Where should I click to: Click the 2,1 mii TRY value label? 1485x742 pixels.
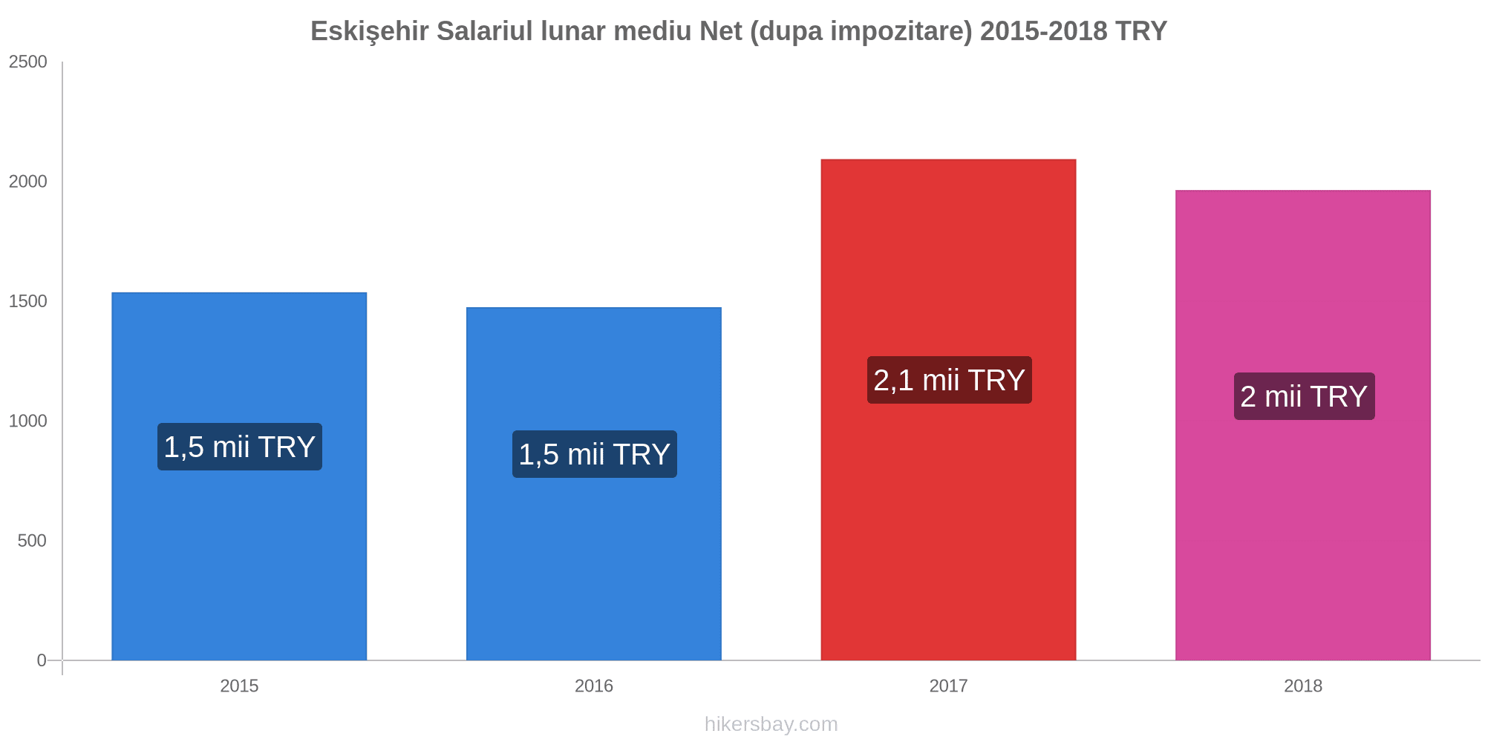pos(949,380)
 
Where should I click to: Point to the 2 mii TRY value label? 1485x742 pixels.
pos(1304,396)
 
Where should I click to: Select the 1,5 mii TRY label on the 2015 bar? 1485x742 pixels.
pos(239,447)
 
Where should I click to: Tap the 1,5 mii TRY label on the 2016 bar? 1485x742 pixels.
pos(594,454)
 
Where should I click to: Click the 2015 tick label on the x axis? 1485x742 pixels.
pos(239,686)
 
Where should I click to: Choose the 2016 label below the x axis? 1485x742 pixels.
pos(593,686)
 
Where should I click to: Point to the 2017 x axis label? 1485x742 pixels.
pos(948,686)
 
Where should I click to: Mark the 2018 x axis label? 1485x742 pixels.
pos(1302,686)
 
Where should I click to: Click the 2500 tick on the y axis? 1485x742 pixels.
pos(28,62)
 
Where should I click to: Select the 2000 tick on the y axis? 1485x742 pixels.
pos(28,182)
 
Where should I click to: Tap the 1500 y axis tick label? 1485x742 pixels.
pos(28,301)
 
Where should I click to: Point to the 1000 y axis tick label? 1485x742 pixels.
pos(28,421)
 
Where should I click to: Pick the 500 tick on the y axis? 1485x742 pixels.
pos(32,540)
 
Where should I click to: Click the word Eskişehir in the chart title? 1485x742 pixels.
pos(369,31)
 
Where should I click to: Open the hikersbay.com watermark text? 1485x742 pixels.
pos(771,724)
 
